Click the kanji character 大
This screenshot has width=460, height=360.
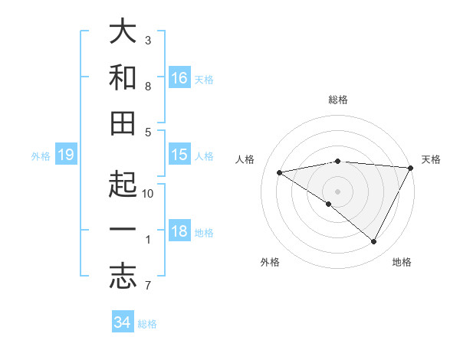tap(123, 31)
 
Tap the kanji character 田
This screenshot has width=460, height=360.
tap(123, 123)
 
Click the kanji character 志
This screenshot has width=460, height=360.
tap(123, 277)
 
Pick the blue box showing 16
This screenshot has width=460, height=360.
tap(179, 77)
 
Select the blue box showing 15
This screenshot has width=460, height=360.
tap(179, 155)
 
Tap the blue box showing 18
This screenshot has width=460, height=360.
tap(179, 232)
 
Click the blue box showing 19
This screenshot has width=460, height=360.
tap(65, 155)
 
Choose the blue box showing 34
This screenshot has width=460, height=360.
tap(122, 322)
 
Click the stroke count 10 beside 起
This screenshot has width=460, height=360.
tap(148, 193)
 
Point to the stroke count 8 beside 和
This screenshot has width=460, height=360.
tap(148, 87)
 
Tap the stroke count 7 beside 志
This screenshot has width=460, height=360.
tap(148, 286)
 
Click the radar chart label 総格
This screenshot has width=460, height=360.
tap(338, 100)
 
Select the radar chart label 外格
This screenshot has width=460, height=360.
tap(270, 262)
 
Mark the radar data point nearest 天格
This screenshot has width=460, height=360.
tap(411, 168)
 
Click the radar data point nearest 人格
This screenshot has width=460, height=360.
tap(280, 172)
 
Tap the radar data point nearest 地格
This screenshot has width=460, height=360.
tap(373, 242)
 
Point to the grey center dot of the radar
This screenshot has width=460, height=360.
tap(337, 190)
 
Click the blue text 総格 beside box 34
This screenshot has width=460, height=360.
tap(147, 324)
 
